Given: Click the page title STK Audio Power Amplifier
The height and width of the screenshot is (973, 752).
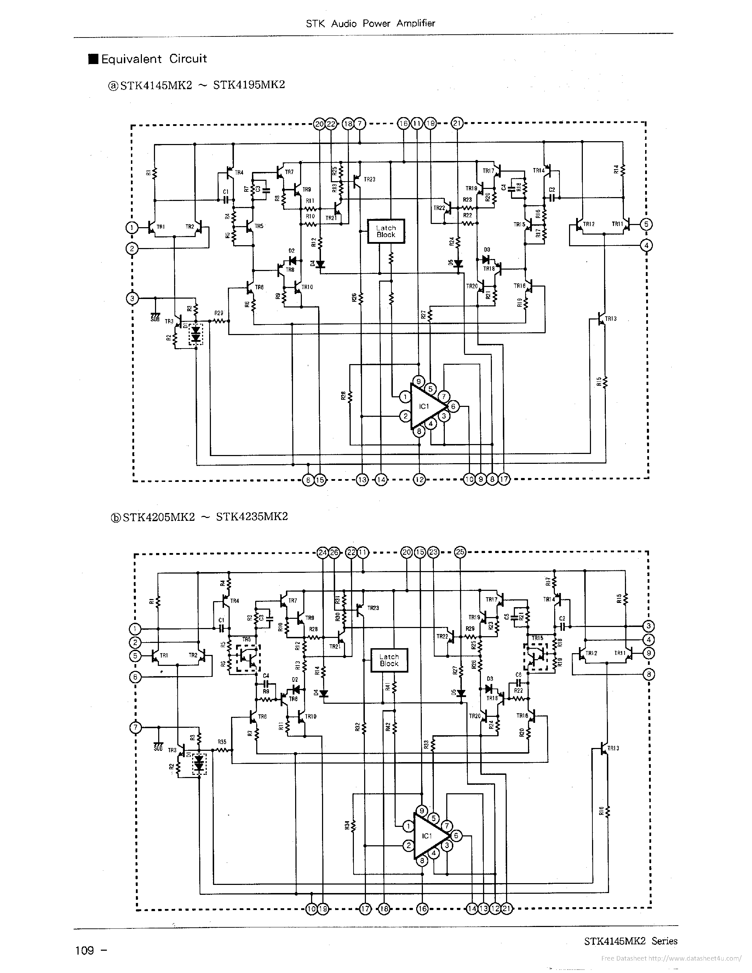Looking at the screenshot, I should pyautogui.click(x=370, y=24).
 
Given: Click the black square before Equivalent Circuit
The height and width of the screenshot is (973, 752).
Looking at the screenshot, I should pyautogui.click(x=93, y=59).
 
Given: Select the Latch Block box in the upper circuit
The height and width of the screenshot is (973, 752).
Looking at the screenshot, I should pyautogui.click(x=386, y=231).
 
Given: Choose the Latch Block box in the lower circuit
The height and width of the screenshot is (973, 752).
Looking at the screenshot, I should pyautogui.click(x=389, y=660).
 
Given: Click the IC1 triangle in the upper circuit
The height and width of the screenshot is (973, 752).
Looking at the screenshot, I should pyautogui.click(x=425, y=406).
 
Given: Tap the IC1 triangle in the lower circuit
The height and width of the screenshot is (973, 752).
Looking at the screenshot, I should pyautogui.click(x=428, y=836).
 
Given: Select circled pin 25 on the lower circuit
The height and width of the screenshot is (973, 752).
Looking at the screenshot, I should pyautogui.click(x=460, y=552).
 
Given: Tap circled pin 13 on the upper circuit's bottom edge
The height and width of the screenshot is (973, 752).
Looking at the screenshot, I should pyautogui.click(x=362, y=480).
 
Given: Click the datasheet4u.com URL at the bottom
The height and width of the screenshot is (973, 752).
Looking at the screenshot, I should pyautogui.click(x=671, y=958).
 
